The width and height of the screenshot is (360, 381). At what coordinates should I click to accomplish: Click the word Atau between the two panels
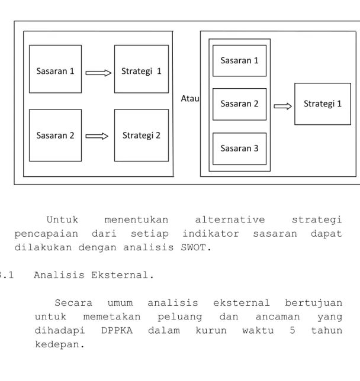(190, 98)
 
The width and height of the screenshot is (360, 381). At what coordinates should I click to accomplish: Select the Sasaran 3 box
(239, 148)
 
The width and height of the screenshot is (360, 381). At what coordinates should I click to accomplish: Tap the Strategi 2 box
(142, 135)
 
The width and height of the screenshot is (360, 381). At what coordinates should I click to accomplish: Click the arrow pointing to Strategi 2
(97, 136)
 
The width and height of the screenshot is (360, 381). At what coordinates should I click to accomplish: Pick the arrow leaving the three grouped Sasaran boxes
(282, 106)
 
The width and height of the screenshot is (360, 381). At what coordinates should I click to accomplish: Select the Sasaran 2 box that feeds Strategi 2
(55, 135)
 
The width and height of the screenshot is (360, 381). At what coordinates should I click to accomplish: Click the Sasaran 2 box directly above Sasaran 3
(239, 104)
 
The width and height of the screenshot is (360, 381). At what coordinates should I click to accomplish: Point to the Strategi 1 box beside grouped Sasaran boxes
(323, 104)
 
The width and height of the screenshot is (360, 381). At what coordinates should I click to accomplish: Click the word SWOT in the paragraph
(194, 248)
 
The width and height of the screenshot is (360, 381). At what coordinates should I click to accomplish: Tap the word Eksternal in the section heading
(120, 275)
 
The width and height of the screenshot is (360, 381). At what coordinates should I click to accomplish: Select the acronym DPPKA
(117, 331)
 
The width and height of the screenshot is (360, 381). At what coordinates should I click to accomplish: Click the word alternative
(230, 220)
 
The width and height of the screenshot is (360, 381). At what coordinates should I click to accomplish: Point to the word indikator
(211, 234)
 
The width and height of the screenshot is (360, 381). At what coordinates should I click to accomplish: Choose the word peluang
(180, 317)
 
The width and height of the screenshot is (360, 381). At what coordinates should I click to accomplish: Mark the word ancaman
(278, 317)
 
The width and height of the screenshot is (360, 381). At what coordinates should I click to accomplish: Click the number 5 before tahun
(292, 331)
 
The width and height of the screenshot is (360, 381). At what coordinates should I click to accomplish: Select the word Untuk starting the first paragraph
(62, 219)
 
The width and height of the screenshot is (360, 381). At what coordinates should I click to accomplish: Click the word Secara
(73, 303)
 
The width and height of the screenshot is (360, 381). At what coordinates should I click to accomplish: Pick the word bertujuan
(314, 303)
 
